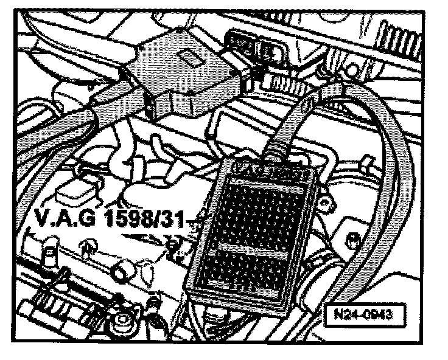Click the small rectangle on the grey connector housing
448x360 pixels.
(188, 59)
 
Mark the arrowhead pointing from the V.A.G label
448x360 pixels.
(170, 243)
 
